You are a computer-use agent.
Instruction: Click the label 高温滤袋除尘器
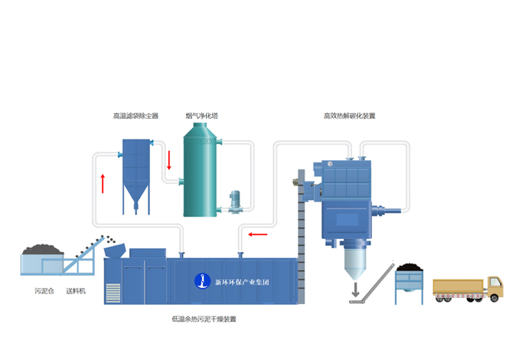(135, 116)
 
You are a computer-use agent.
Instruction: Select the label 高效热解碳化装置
(350, 116)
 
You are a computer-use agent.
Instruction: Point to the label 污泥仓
(44, 291)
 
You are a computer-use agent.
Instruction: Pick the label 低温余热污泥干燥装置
(204, 319)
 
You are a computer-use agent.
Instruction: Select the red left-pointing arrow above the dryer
(258, 234)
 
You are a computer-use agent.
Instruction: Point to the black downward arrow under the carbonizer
(354, 290)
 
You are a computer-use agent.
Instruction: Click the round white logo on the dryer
(202, 281)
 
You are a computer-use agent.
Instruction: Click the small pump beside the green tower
(237, 201)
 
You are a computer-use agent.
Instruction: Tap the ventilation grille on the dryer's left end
(113, 293)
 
